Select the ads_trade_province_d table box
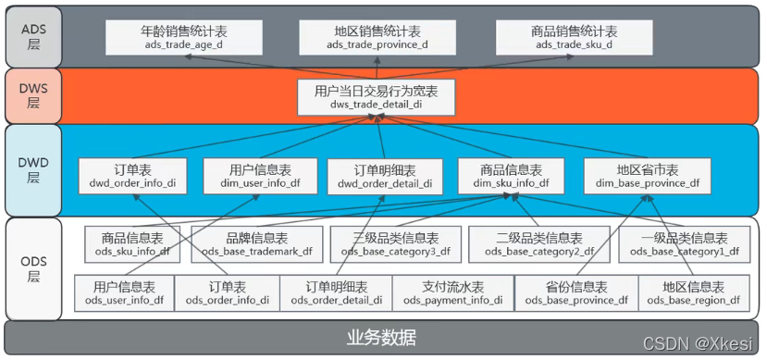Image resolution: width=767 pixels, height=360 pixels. [377, 37]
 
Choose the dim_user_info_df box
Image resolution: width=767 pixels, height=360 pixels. [260, 176]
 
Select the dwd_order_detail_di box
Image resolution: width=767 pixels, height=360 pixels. [385, 176]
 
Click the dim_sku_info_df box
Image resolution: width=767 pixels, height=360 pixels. [511, 176]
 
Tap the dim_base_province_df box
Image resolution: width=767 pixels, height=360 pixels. [647, 176]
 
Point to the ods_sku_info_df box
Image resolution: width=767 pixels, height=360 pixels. [132, 243]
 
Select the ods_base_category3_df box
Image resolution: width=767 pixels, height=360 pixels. [395, 243]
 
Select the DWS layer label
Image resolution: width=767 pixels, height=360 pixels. [31, 97]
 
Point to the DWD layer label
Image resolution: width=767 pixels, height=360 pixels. [31, 169]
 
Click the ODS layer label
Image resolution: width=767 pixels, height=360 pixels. [31, 268]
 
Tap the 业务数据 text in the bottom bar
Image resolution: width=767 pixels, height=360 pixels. [381, 336]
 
